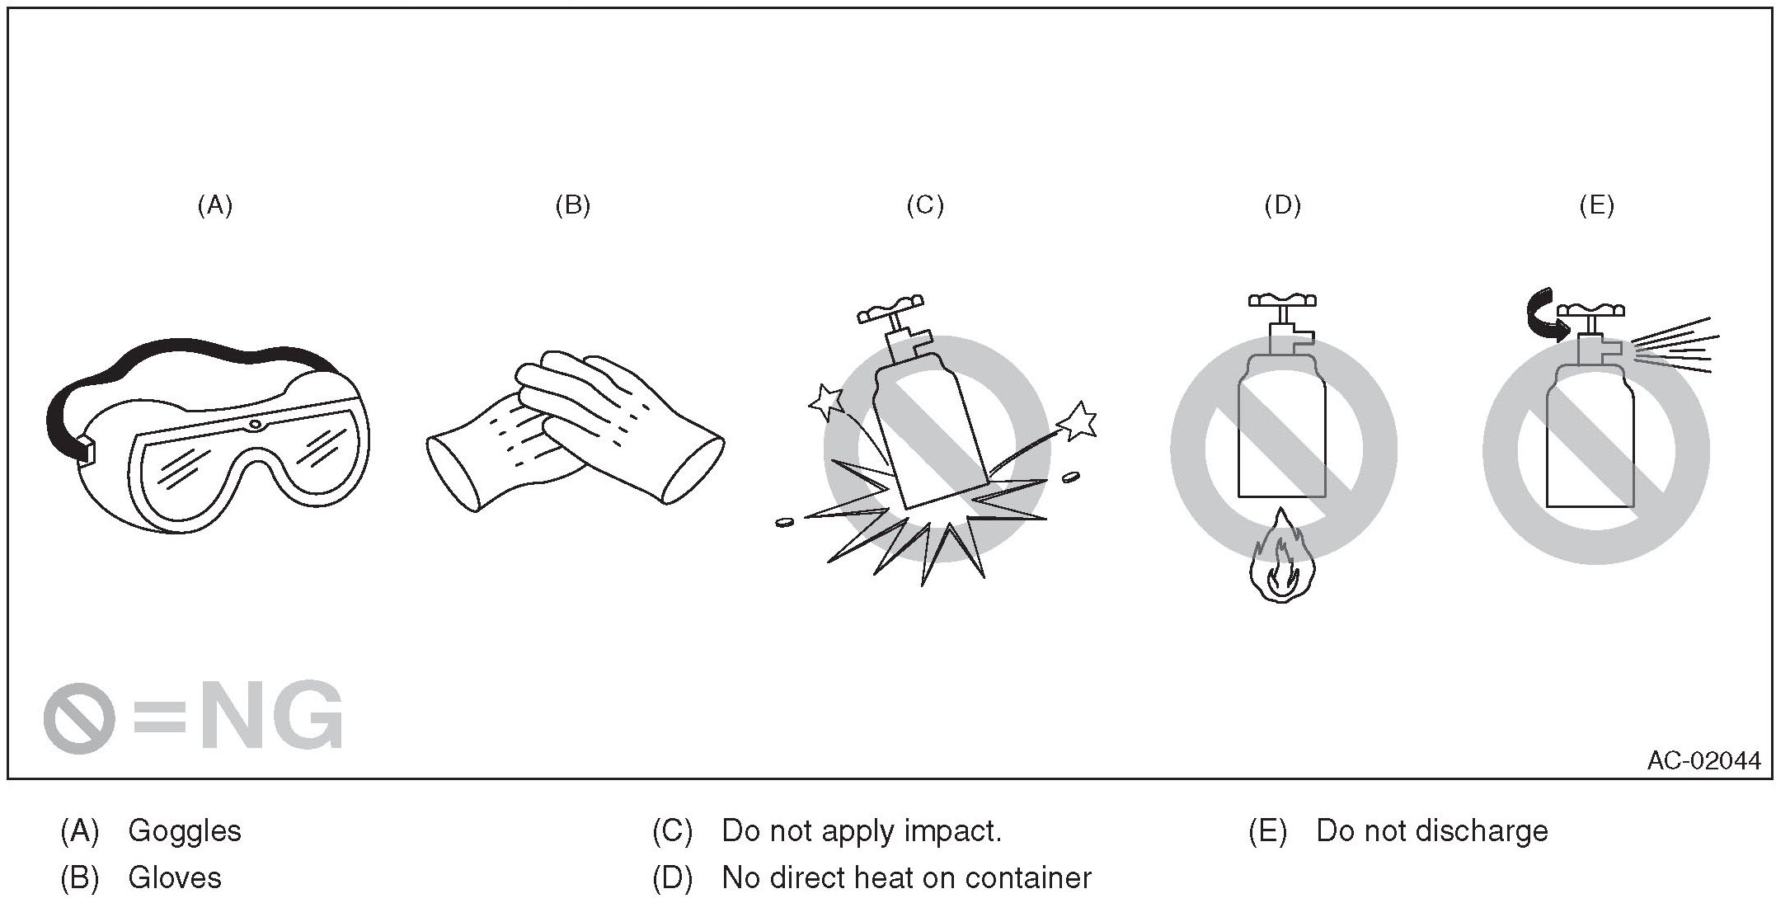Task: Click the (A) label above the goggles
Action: (215, 205)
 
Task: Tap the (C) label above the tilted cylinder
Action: (924, 205)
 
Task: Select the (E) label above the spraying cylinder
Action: (1596, 205)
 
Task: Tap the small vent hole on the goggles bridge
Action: (256, 425)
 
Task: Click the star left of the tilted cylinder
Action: (826, 401)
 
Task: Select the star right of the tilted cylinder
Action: (1078, 422)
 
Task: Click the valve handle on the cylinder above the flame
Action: (1281, 300)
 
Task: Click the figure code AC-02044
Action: (1703, 760)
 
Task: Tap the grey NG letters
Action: (272, 715)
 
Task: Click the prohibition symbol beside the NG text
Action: (79, 717)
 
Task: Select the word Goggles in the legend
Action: (185, 830)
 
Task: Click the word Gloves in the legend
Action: (175, 878)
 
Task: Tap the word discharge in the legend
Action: (1480, 830)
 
